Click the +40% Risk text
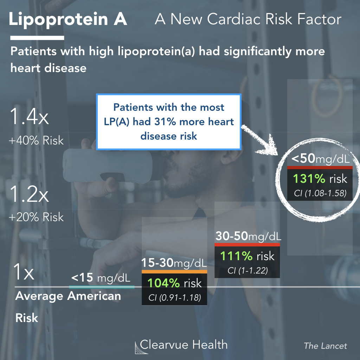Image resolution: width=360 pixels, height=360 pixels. tap(36, 141)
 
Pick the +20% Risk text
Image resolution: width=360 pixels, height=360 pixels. tap(36, 217)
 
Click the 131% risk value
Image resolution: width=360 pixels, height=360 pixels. tap(320, 179)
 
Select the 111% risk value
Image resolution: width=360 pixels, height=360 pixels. tap(247, 256)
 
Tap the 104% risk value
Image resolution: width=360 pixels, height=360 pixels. tap(174, 283)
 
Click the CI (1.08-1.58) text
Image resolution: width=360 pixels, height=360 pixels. tap(320, 193)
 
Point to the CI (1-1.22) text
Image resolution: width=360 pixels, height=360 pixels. tap(247, 270)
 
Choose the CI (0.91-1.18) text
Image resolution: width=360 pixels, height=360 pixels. tap(174, 298)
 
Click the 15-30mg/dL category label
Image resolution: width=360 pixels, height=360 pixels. tap(174, 263)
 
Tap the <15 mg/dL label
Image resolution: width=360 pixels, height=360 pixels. tap(101, 278)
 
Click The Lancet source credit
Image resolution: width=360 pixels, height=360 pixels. tap(325, 346)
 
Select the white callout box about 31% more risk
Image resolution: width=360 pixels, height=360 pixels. tap(169, 121)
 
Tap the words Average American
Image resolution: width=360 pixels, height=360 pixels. tap(68, 296)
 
